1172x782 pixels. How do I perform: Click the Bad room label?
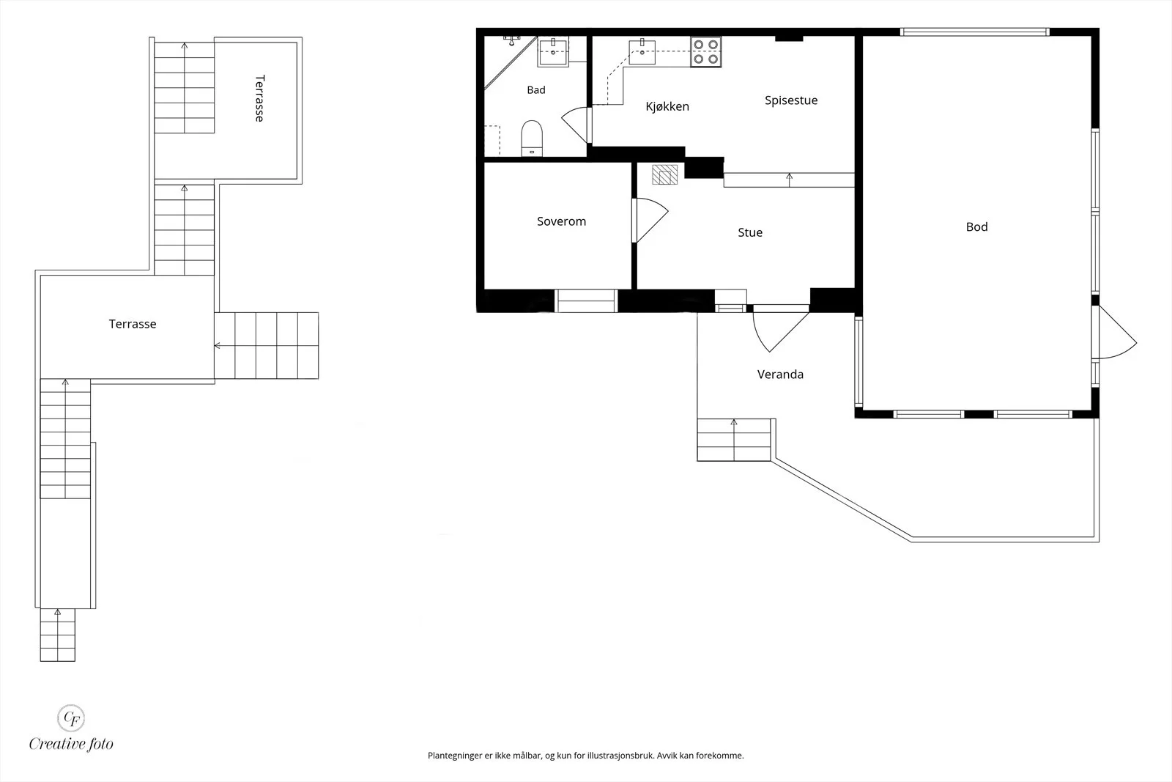point(535,90)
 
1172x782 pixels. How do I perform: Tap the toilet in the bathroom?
point(532,139)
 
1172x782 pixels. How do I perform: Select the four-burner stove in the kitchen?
point(705,52)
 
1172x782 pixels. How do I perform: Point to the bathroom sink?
point(553,52)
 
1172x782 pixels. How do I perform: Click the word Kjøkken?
point(667,107)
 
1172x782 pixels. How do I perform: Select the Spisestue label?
point(790,100)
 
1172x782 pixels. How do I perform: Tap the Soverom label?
point(561,221)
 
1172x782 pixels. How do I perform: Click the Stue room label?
point(750,232)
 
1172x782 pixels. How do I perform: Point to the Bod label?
point(976,226)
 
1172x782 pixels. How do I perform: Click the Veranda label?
point(780,375)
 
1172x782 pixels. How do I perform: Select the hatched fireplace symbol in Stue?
point(664,175)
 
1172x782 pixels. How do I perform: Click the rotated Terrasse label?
point(259,98)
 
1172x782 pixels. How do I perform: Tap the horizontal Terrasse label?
point(133,324)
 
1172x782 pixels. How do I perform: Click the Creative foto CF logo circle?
point(70,718)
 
